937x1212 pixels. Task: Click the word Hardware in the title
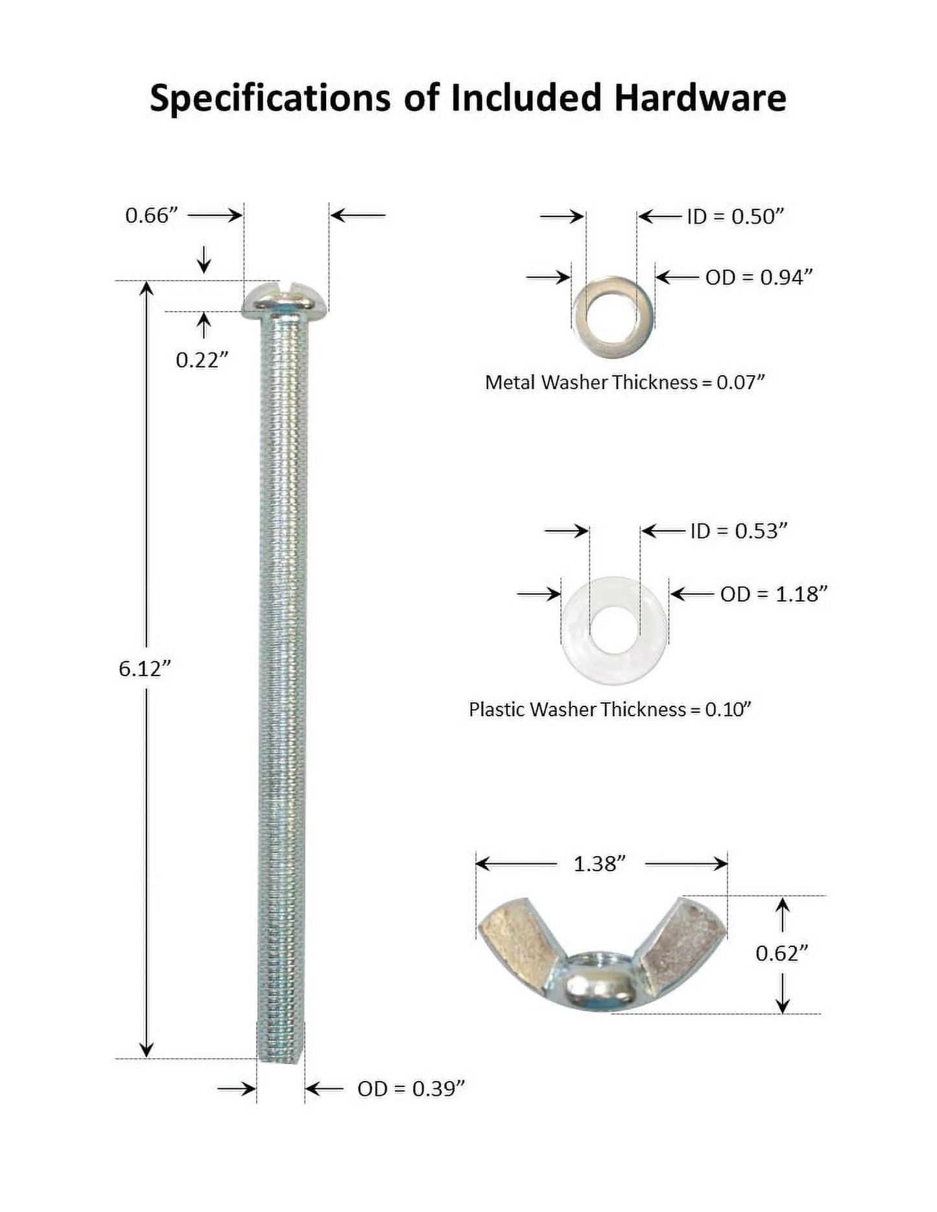700,99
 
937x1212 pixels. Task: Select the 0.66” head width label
151,215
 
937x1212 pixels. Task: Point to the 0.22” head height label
202,360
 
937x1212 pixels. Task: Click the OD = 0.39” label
411,1089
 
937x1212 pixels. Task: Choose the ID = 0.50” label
736,216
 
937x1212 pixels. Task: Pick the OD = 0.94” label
759,277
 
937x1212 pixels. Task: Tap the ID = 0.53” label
739,531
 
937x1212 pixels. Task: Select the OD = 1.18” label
774,594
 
